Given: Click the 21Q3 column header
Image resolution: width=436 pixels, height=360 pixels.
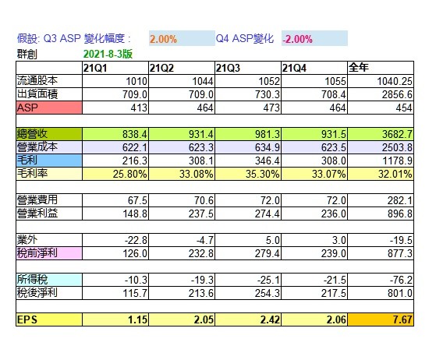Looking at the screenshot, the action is click(228, 68).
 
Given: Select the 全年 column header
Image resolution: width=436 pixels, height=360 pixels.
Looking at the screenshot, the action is click(359, 68).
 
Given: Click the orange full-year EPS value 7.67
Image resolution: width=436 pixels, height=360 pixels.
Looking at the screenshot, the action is click(402, 319).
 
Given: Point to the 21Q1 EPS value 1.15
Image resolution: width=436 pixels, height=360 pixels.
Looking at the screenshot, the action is click(137, 319).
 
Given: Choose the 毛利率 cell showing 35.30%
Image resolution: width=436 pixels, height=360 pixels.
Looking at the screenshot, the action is click(263, 174).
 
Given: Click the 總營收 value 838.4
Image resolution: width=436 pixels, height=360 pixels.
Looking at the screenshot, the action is click(135, 134).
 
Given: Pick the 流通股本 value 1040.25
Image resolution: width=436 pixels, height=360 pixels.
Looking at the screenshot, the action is click(395, 81).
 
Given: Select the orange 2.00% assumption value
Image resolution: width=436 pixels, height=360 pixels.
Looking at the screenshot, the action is click(163, 39).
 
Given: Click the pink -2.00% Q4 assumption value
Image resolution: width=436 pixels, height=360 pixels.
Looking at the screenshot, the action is click(297, 39).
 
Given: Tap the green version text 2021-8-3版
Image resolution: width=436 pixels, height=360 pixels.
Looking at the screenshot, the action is click(108, 54).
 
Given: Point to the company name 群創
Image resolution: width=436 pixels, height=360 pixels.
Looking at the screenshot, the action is click(27, 54).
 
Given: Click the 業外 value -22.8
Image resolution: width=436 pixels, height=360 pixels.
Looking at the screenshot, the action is click(136, 240).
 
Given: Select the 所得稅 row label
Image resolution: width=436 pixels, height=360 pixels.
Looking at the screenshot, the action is click(32, 280).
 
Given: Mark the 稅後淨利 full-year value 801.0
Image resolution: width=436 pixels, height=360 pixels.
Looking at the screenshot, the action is click(400, 293).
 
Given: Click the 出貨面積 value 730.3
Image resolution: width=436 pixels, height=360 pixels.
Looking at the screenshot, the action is click(268, 94).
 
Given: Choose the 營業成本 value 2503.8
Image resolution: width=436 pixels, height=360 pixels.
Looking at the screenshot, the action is click(397, 147).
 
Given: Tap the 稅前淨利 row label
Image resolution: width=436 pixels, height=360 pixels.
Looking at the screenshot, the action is click(37, 253).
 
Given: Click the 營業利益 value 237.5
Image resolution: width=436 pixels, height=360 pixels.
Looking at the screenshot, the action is click(201, 214).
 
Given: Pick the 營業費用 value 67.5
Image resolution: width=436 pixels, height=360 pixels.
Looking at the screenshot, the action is click(137, 200).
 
